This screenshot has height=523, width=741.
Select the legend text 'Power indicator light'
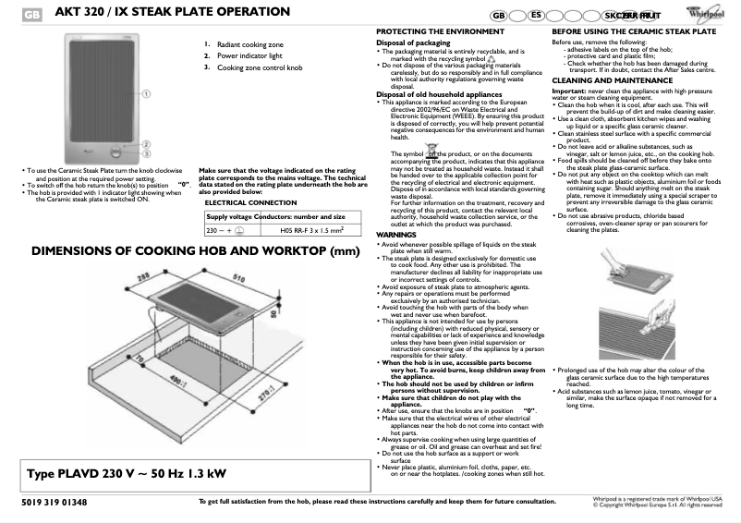point(253,55)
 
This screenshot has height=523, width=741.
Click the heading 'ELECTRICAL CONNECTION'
point(250,201)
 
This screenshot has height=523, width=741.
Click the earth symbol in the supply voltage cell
point(238,231)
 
